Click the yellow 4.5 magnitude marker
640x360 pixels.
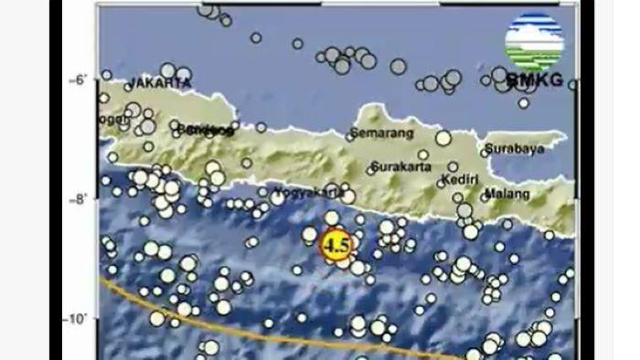pyautogui.click(x=336, y=245)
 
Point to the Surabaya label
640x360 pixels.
pyautogui.click(x=513, y=148)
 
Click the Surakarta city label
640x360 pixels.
pyautogui.click(x=401, y=168)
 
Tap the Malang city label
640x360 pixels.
pyautogui.click(x=508, y=195)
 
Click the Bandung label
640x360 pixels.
pyautogui.click(x=203, y=130)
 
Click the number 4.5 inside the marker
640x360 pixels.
pyautogui.click(x=336, y=245)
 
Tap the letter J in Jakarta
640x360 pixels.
pyautogui.click(x=135, y=83)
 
